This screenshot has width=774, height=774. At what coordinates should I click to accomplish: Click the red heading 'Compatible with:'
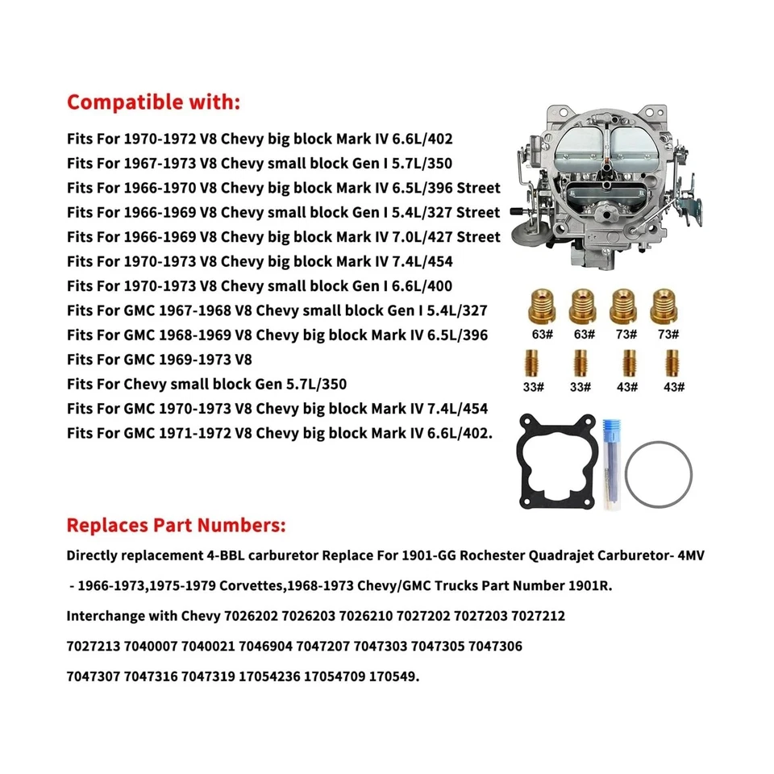click(152, 102)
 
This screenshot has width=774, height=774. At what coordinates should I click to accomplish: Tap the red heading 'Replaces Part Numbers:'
click(176, 525)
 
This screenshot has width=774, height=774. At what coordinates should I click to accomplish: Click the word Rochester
click(489, 556)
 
